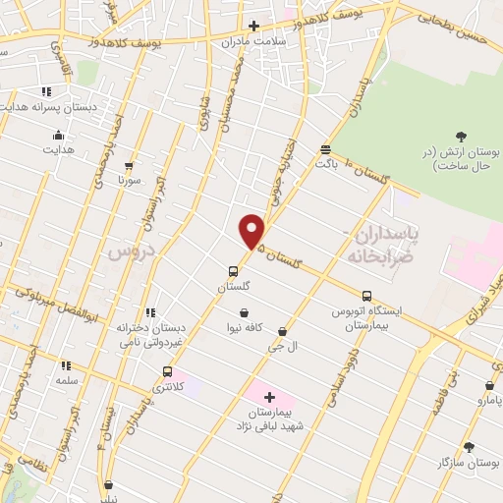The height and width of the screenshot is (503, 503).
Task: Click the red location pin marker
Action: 252,230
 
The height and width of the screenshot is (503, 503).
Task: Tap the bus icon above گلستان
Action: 233,271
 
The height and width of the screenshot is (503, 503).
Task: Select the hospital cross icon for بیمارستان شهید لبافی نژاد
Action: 269,396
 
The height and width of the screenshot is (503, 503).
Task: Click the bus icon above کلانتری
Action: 167,371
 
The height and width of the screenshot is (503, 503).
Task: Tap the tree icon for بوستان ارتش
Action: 462,136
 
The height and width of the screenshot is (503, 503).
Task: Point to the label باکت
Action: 326,163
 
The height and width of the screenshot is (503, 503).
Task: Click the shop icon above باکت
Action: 325,149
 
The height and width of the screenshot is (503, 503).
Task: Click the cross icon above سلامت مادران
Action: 253,26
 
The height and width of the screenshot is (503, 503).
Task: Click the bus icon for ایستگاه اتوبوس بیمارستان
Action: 366,296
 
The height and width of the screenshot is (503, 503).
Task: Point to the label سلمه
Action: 67,379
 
